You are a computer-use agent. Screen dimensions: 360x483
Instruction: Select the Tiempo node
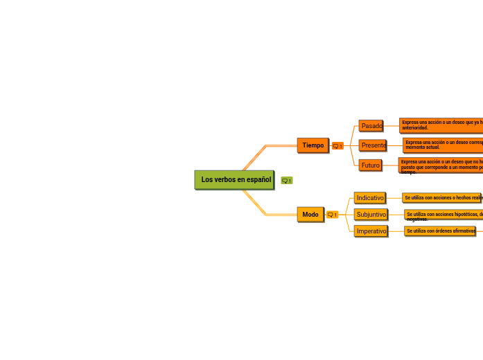pos(313,145)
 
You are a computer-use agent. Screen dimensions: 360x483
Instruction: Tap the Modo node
pos(310,215)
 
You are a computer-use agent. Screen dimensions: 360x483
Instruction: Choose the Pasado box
pos(371,126)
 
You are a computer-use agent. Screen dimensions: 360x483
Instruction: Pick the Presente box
pos(374,145)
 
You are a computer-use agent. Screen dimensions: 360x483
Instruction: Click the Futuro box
pos(371,165)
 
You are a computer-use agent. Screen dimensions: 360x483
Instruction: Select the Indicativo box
pos(370,198)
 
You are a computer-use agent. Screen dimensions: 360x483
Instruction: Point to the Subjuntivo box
pos(371,215)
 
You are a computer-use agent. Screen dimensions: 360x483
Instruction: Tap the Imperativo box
pos(371,231)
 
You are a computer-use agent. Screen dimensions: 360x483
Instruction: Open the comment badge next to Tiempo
pos(337,146)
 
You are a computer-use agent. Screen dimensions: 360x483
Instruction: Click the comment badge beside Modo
pos(333,215)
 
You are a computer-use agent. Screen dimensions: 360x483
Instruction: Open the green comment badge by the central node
pos(286,181)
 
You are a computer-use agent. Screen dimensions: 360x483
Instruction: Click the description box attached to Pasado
pos(441,125)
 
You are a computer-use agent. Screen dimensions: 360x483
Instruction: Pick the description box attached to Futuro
pos(441,166)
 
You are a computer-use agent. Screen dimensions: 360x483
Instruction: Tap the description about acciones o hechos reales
pos(442,198)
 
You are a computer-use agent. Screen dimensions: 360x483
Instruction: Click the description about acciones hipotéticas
pos(444,217)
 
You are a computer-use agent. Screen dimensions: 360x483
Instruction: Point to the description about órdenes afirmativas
pos(440,231)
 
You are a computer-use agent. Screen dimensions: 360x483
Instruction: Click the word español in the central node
pos(258,180)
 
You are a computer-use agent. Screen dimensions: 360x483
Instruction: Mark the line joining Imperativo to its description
pos(396,231)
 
